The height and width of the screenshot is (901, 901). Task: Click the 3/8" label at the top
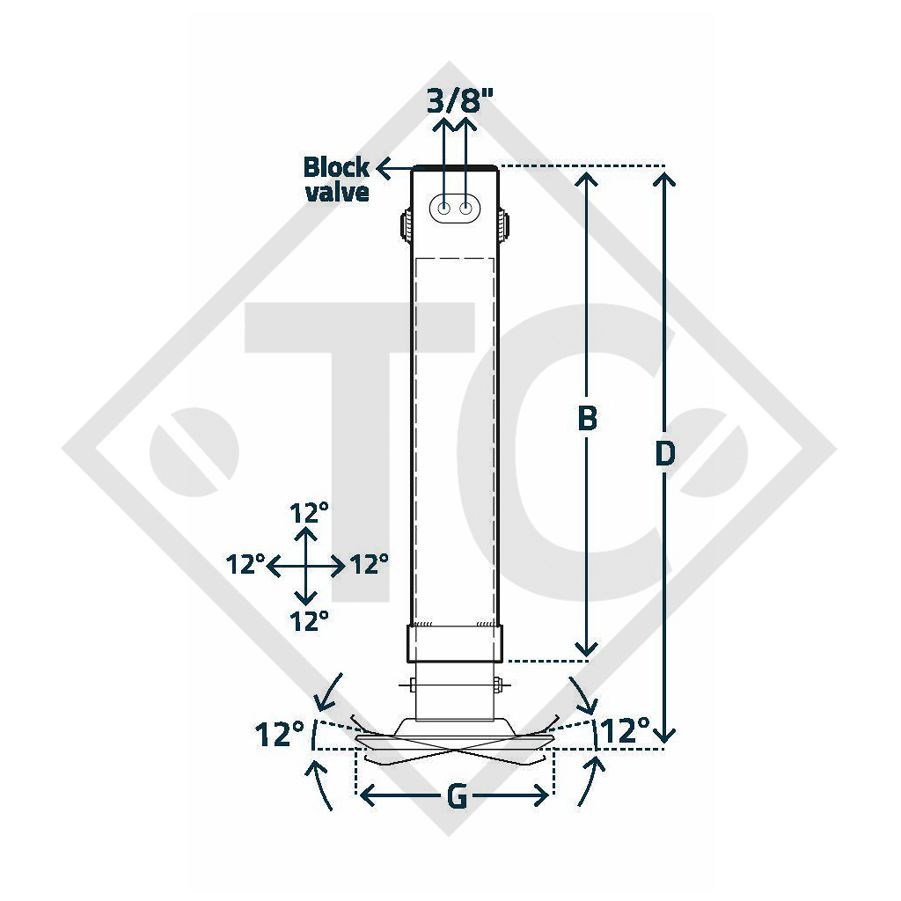460,100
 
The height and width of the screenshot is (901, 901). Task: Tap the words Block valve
336,179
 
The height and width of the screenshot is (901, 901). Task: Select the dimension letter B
587,420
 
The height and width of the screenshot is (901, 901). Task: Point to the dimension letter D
665,454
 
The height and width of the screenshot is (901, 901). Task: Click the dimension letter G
456,796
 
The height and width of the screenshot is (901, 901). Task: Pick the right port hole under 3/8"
466,209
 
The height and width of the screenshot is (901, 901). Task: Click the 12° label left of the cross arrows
245,565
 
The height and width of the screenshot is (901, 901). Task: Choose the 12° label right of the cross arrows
369,565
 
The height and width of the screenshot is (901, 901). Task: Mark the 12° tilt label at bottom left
280,733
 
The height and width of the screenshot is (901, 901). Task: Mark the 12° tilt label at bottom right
626,730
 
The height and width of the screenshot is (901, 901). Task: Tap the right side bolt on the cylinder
505,226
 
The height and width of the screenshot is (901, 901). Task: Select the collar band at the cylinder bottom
455,643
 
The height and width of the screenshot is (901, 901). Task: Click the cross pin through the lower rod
455,685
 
